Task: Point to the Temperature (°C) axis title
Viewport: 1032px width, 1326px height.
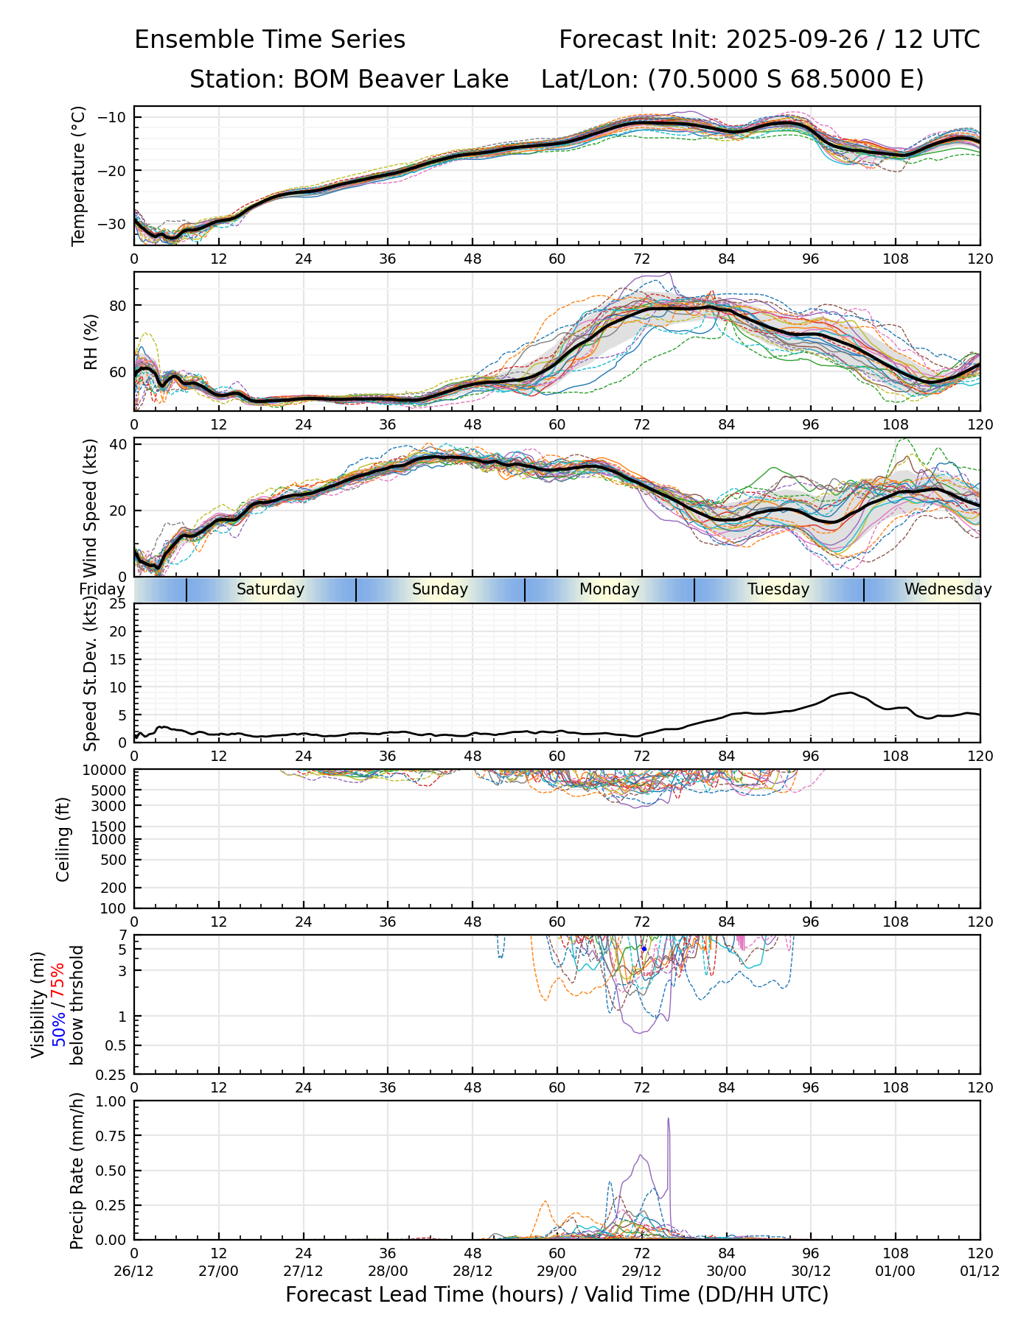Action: tap(79, 175)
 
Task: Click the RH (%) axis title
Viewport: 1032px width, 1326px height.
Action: tap(91, 341)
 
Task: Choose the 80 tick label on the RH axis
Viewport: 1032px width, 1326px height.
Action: tap(118, 306)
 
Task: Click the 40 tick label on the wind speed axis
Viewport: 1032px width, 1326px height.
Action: tap(118, 444)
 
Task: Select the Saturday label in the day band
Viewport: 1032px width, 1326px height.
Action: tap(271, 589)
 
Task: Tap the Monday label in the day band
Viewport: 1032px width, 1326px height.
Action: tap(609, 589)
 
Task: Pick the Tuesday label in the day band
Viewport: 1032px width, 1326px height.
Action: tap(778, 589)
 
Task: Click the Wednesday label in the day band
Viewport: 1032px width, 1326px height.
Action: tap(948, 589)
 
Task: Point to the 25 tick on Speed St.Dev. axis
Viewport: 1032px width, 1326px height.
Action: tap(118, 604)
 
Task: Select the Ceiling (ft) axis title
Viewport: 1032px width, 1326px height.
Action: tap(63, 839)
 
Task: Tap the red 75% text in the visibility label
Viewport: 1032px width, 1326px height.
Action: tap(57, 983)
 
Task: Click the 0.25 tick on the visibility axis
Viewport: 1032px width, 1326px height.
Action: tap(114, 1074)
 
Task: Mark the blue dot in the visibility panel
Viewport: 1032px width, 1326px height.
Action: tap(644, 949)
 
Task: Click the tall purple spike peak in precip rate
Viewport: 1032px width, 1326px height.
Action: tap(669, 1119)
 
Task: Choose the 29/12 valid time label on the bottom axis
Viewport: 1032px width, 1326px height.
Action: tap(642, 1271)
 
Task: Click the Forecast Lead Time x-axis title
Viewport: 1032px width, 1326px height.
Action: tap(557, 1294)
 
